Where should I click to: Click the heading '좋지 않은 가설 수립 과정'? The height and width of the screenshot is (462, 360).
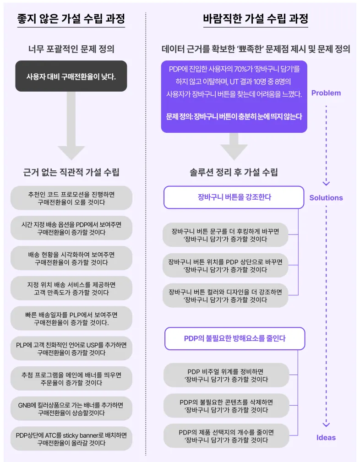71,19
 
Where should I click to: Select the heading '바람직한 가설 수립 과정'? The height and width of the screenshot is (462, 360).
255,19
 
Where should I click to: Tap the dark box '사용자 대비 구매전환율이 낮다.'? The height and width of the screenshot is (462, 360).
71,76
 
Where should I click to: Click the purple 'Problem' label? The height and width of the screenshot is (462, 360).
326,93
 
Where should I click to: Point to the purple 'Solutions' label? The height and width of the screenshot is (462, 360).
326,198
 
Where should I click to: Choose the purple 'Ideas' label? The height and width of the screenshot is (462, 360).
326,437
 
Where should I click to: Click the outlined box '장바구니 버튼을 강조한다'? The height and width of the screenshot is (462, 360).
234,197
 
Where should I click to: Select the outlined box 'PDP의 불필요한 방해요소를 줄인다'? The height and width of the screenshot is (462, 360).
234,338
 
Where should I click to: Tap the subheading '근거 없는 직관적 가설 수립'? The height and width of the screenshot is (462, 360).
71,172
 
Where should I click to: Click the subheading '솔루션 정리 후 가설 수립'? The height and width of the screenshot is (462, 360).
234,172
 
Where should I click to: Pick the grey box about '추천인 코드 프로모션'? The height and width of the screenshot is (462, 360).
71,198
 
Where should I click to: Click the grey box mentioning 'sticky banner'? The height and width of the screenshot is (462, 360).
71,439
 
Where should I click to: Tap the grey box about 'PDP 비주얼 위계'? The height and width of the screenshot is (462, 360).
226,375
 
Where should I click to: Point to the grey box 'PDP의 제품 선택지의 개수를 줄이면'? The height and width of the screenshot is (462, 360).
226,436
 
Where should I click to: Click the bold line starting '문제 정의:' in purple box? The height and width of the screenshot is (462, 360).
234,117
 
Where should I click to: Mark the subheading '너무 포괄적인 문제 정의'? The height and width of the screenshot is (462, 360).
71,49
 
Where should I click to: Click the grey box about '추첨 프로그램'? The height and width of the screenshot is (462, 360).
71,379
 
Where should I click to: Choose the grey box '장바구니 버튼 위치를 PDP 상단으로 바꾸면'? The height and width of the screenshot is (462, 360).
225,266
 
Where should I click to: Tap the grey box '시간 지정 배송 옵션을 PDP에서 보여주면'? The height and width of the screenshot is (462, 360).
71,228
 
